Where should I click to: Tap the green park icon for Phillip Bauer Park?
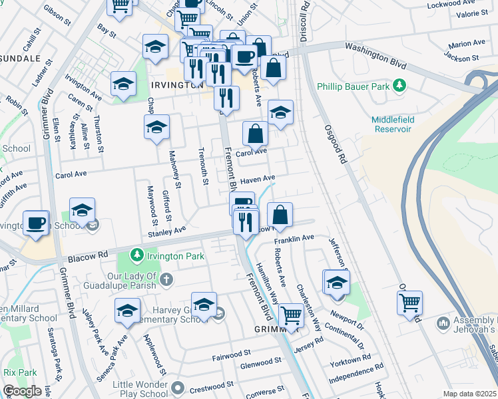pyautogui.click(x=399, y=86)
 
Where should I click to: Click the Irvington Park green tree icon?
pyautogui.click(x=136, y=255)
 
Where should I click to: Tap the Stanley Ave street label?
pyautogui.click(x=166, y=231)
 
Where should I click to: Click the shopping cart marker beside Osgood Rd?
pyautogui.click(x=409, y=303)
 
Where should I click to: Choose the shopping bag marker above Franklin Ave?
pyautogui.click(x=280, y=214)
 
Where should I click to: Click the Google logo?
pyautogui.click(x=22, y=391)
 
